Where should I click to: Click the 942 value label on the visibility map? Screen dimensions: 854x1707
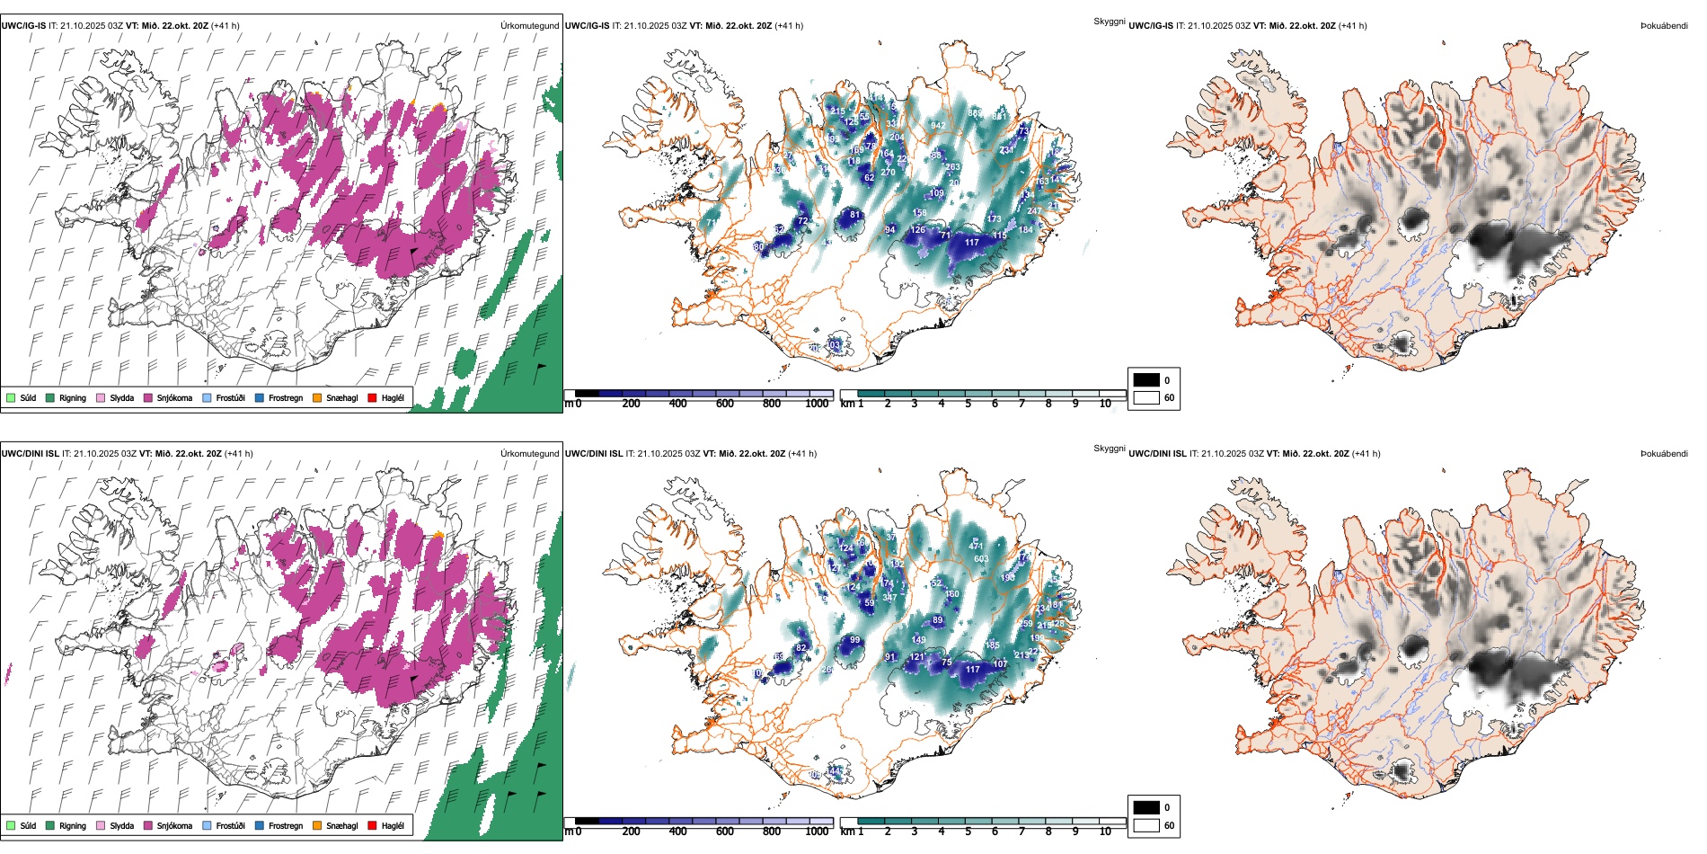click(x=938, y=126)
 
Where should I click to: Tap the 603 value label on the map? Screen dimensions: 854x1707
click(x=981, y=559)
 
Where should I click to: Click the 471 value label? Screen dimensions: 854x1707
click(x=976, y=546)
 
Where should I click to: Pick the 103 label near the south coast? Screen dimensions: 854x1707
click(x=834, y=345)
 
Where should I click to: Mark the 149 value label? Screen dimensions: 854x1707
click(x=919, y=640)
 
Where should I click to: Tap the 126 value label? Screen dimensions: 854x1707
click(x=917, y=230)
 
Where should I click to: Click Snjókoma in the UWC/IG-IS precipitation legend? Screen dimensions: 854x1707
click(x=174, y=398)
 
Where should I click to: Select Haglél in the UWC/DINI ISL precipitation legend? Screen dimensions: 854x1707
click(x=393, y=826)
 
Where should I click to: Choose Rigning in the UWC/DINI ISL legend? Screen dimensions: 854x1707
click(x=73, y=826)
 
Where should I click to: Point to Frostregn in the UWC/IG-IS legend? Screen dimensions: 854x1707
click(x=286, y=398)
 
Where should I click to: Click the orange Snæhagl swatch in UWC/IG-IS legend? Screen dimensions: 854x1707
click(x=317, y=398)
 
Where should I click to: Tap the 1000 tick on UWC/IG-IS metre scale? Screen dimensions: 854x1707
click(x=817, y=405)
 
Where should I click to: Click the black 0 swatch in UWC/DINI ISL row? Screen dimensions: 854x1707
click(x=1146, y=807)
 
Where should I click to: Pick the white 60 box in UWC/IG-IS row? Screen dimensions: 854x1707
click(x=1146, y=397)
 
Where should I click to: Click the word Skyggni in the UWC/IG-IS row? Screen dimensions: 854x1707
click(x=1109, y=22)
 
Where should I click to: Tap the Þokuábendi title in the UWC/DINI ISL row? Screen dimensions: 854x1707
click(x=1664, y=454)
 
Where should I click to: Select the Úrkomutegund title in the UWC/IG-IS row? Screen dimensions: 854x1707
click(x=529, y=26)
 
